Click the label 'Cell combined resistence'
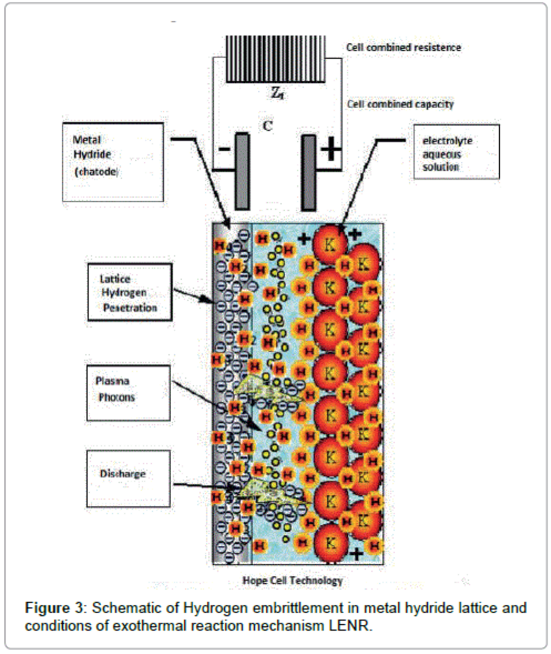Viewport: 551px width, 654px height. click(x=403, y=47)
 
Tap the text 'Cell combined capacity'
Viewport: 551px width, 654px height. click(x=400, y=104)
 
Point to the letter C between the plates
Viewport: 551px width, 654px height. click(x=267, y=126)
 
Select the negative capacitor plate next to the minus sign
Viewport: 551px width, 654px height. click(x=242, y=171)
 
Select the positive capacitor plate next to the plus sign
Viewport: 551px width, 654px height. click(x=309, y=172)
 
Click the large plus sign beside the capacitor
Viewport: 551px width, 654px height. click(x=331, y=149)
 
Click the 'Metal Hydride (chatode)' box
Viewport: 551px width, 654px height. click(x=113, y=162)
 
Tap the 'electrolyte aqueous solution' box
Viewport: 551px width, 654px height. click(x=456, y=152)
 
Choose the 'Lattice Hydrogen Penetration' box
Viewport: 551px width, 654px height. click(x=130, y=292)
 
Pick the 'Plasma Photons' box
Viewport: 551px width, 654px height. click(x=128, y=393)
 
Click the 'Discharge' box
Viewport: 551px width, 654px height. click(x=128, y=478)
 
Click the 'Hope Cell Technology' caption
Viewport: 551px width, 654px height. click(x=292, y=580)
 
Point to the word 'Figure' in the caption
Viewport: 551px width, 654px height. click(x=47, y=608)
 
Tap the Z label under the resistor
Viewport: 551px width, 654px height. click(x=277, y=93)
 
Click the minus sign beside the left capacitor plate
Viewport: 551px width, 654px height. click(x=224, y=149)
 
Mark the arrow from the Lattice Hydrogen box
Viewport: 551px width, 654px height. click(x=193, y=295)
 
